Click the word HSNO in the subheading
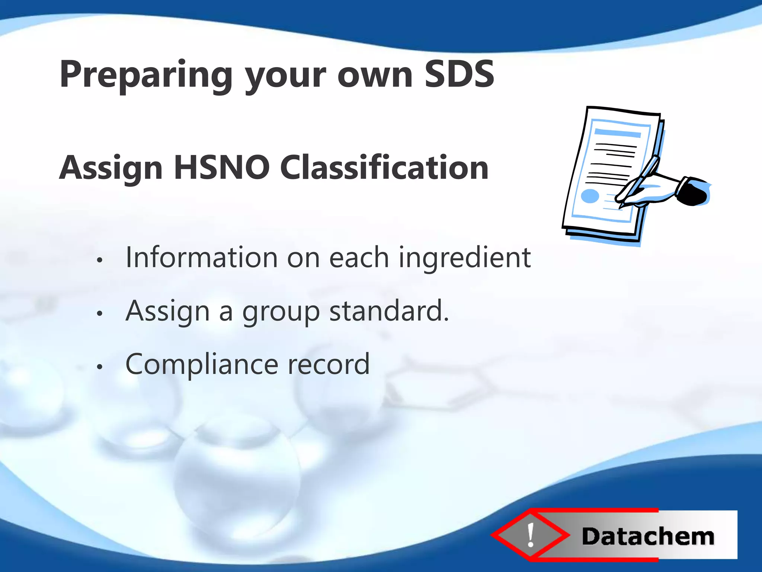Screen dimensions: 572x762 click(x=222, y=168)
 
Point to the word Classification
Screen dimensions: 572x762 click(x=384, y=168)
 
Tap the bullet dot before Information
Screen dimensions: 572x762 click(x=99, y=260)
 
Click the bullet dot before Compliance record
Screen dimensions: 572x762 click(x=99, y=367)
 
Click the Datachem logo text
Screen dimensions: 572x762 click(x=648, y=537)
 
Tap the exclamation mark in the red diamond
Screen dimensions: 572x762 click(x=531, y=535)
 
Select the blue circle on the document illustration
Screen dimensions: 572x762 click(x=590, y=196)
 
